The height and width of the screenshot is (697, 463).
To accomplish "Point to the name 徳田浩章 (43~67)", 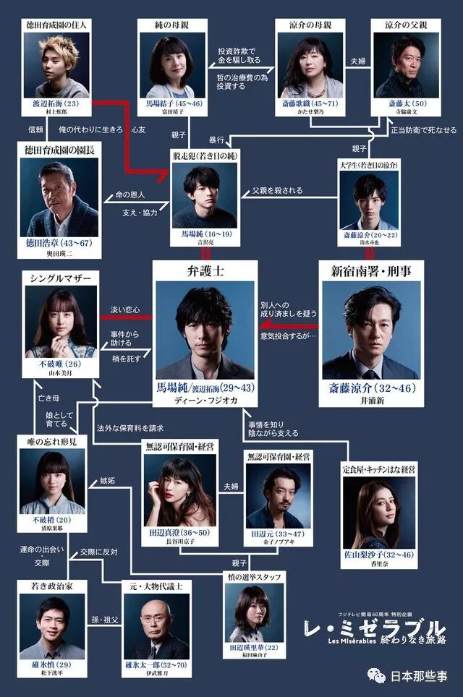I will (x=55, y=243).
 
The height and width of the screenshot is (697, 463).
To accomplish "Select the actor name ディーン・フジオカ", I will (x=205, y=403).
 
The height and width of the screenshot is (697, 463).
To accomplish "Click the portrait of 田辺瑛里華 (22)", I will (x=255, y=612).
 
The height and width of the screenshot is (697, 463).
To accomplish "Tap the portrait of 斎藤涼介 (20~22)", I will (x=369, y=200).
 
